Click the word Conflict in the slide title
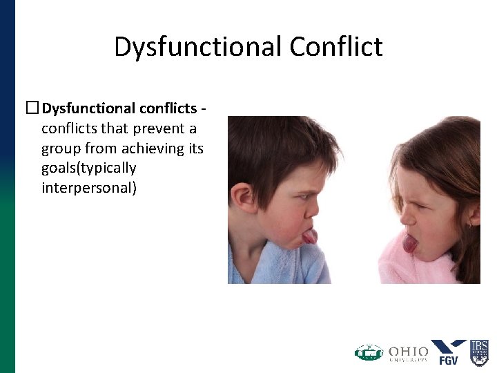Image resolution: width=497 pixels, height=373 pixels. coord(336,47)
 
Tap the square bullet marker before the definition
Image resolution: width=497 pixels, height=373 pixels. coord(32,108)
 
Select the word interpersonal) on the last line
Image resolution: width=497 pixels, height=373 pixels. coord(89,188)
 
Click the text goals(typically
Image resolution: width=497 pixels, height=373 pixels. coord(89,169)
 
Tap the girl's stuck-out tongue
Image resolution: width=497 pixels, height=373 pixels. coord(410,243)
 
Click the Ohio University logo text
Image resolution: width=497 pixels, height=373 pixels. coord(408,354)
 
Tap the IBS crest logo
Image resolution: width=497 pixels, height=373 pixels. coord(479,352)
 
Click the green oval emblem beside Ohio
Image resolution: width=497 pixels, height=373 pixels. coord(369,353)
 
